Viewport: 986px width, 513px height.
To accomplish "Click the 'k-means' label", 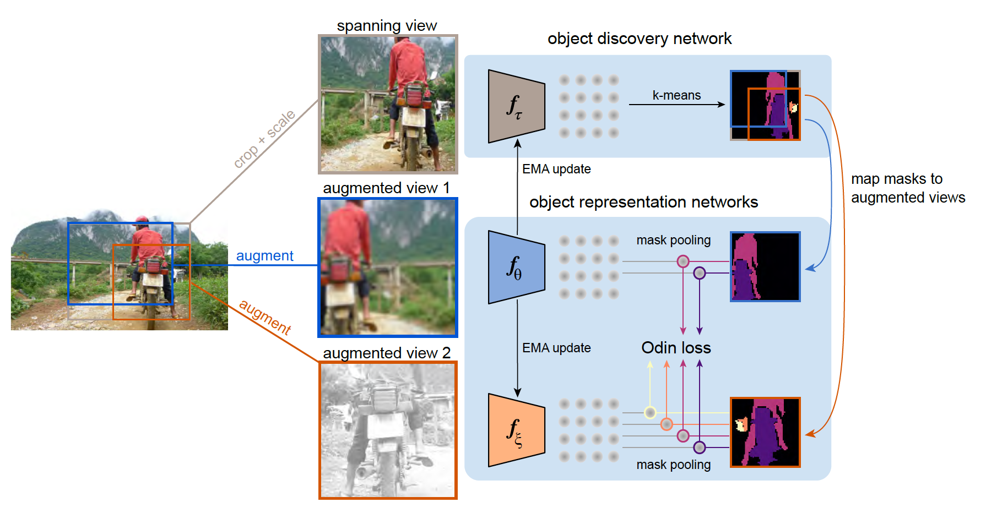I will click(676, 95).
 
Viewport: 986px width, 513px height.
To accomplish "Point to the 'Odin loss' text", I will click(676, 348).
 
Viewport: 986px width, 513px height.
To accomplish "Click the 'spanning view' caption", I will click(387, 26).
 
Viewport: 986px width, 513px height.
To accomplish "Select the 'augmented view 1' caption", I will click(386, 188).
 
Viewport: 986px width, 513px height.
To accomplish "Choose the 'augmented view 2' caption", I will click(387, 353).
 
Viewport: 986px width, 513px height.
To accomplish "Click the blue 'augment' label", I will click(264, 256).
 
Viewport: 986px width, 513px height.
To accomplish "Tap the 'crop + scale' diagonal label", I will click(264, 139).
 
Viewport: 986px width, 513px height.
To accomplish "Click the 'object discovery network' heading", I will click(639, 39).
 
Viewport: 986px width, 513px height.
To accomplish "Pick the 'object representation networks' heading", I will click(643, 202).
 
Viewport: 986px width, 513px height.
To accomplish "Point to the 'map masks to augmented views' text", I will click(908, 188).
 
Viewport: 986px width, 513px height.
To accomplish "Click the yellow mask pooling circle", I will click(650, 412).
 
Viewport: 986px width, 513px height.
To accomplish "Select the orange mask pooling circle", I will click(667, 424).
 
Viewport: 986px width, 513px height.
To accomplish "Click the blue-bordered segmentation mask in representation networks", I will click(765, 267).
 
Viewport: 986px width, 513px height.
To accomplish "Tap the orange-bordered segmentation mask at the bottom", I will click(765, 433).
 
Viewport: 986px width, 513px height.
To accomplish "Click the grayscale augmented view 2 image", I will click(388, 430).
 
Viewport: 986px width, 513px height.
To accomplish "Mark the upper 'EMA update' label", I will click(556, 169).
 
